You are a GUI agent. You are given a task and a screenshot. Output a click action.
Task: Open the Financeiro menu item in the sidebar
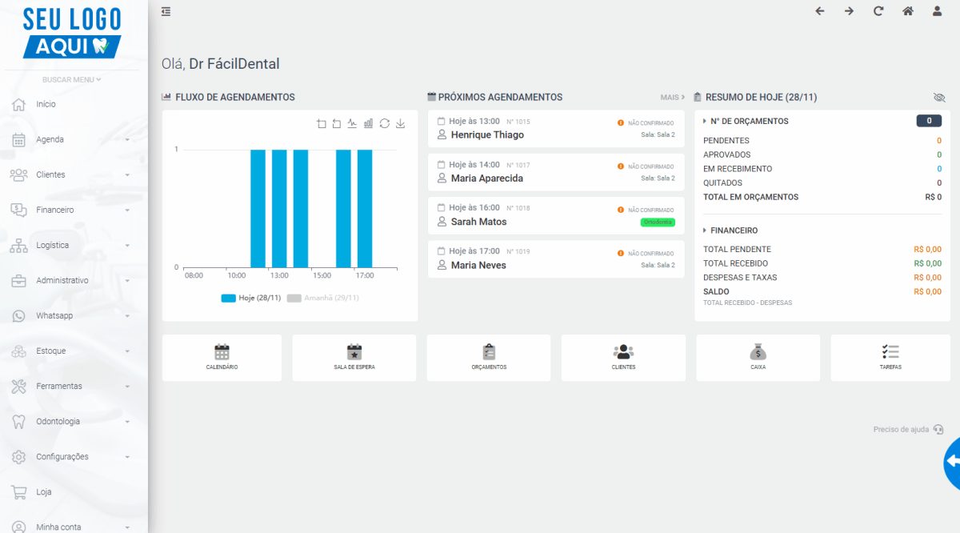coord(55,210)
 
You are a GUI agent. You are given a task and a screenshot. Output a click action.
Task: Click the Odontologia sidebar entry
coord(58,421)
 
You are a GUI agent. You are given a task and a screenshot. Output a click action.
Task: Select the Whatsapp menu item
coord(54,315)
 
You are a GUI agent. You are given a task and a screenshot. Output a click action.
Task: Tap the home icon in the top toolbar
coord(908,11)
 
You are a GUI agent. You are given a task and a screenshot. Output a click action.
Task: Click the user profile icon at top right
coord(938,11)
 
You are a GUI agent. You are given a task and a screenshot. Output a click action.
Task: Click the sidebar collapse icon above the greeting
coord(166,11)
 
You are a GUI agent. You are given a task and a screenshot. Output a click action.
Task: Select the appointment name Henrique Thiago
coord(487,134)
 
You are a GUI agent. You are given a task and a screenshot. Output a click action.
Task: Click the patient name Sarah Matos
coord(478,222)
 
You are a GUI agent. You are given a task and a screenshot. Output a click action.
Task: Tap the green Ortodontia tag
coord(658,222)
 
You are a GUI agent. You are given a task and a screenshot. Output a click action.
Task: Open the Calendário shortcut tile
coord(222,357)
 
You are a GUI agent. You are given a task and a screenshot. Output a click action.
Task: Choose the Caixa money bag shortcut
coord(758,357)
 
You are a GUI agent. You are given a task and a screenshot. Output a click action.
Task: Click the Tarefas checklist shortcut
coord(890,357)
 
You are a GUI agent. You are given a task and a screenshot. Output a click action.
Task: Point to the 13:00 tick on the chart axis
coord(279,275)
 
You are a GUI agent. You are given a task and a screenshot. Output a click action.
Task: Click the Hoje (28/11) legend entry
coord(251,298)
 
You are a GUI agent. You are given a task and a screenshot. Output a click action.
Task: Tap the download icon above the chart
coord(400,123)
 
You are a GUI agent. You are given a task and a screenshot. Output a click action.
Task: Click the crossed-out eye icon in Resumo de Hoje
coord(939,98)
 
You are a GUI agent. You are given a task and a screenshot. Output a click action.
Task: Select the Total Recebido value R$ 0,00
coord(927,263)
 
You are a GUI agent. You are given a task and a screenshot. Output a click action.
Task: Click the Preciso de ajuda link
coord(901,429)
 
